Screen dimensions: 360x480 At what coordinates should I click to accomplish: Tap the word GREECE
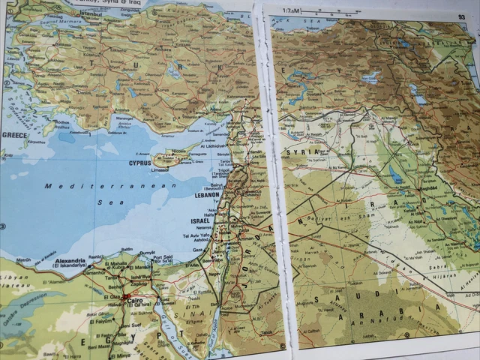[14, 136]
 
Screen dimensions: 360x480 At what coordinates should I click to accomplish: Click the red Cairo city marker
[126, 298]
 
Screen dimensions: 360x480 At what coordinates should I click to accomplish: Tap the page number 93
[461, 16]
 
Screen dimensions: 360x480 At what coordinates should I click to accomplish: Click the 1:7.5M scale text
[292, 11]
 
